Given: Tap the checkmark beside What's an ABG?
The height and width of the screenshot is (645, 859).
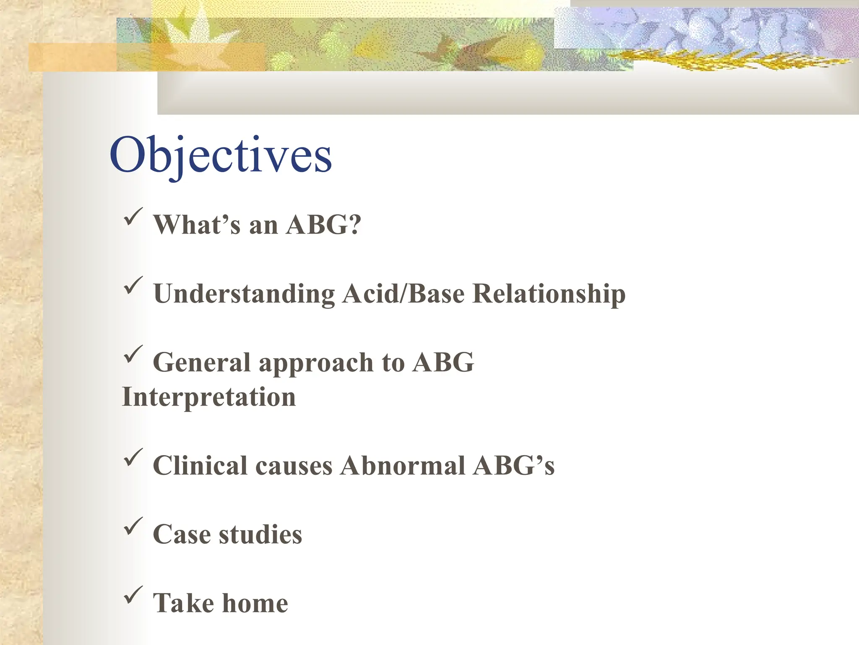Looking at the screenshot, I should point(133,217).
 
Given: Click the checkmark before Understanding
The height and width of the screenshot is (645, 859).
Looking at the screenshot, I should point(133,286).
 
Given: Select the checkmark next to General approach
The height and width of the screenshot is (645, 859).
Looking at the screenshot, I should point(133,354).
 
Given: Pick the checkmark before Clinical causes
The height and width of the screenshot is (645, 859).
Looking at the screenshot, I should point(133,458).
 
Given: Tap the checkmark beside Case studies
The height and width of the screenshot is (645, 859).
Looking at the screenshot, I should point(133,527).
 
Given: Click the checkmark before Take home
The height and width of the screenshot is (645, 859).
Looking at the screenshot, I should point(133,595).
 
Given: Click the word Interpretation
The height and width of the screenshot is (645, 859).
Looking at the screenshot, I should point(208,397).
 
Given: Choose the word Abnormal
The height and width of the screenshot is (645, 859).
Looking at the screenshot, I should point(403,466).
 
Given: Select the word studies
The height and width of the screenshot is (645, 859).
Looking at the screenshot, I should point(260,535).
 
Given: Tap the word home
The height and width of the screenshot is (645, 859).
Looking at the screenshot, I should point(255,603).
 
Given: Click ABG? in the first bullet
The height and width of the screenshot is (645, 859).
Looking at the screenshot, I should point(323,225).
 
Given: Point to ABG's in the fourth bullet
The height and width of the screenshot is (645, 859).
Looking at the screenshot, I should point(513,466).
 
